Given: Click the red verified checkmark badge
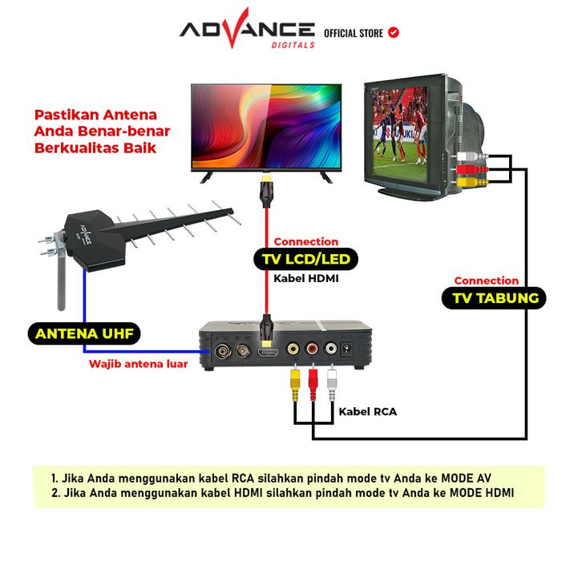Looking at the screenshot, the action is [394, 33].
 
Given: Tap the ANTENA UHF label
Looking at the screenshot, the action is [84, 333].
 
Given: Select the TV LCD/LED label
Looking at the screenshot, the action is [306, 259].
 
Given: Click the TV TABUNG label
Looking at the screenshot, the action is [494, 297].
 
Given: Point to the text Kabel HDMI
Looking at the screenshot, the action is [306, 278].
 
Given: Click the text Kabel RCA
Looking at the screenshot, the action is [368, 411].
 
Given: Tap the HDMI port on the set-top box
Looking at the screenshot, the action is [269, 352].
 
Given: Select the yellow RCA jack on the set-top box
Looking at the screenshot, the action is [293, 349].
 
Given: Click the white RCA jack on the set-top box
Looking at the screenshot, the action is [331, 348].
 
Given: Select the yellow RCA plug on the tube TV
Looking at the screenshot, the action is [471, 182].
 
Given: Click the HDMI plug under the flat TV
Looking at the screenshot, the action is [266, 191].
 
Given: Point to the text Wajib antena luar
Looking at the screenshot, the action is [138, 364].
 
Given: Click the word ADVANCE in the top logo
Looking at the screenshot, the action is [247, 29].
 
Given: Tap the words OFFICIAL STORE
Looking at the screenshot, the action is [354, 34].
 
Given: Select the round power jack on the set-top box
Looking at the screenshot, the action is [347, 348].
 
